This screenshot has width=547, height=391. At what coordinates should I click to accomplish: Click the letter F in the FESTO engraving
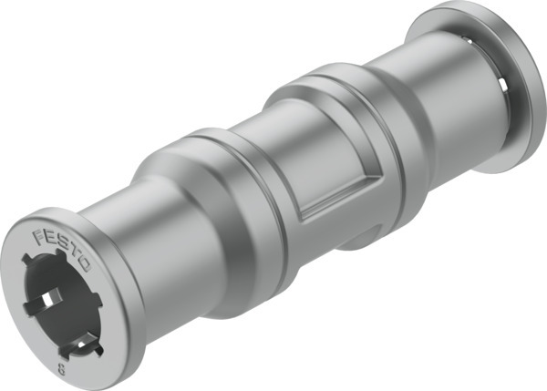(x=39, y=235)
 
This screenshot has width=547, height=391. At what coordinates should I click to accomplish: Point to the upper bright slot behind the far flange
(x=469, y=38)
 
